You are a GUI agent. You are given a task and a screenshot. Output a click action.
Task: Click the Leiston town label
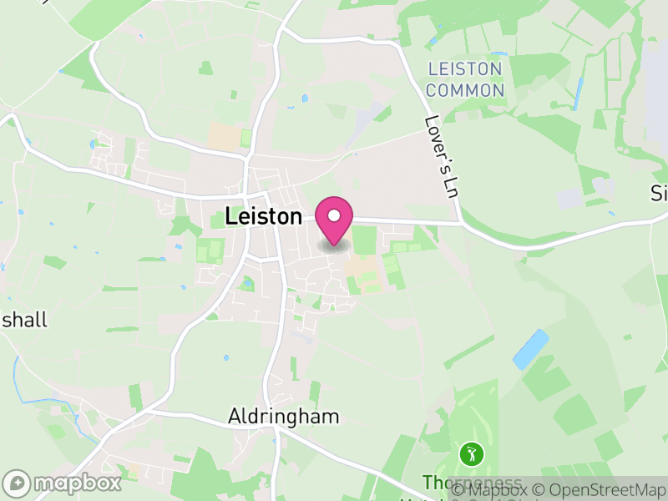[263, 216]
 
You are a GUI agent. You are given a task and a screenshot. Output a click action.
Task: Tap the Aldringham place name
[284, 416]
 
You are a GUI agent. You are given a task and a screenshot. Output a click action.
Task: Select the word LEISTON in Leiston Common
[465, 69]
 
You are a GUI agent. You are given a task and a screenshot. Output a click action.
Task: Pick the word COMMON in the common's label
[465, 90]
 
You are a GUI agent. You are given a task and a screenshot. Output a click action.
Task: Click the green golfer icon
[472, 455]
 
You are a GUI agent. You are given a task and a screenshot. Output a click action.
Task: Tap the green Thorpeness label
[472, 483]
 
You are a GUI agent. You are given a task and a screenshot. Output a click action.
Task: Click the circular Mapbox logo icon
[17, 483]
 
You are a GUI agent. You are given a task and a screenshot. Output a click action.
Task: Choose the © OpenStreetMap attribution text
[602, 490]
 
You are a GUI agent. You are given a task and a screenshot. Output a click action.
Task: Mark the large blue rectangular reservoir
[531, 349]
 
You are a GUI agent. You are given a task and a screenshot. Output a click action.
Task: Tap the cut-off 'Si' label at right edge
[660, 194]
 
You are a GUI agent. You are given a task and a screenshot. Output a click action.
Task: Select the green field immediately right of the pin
[365, 240]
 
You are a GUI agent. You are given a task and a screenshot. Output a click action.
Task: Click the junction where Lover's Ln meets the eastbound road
[461, 223]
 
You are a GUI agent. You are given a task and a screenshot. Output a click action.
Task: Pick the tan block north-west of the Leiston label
[223, 137]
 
